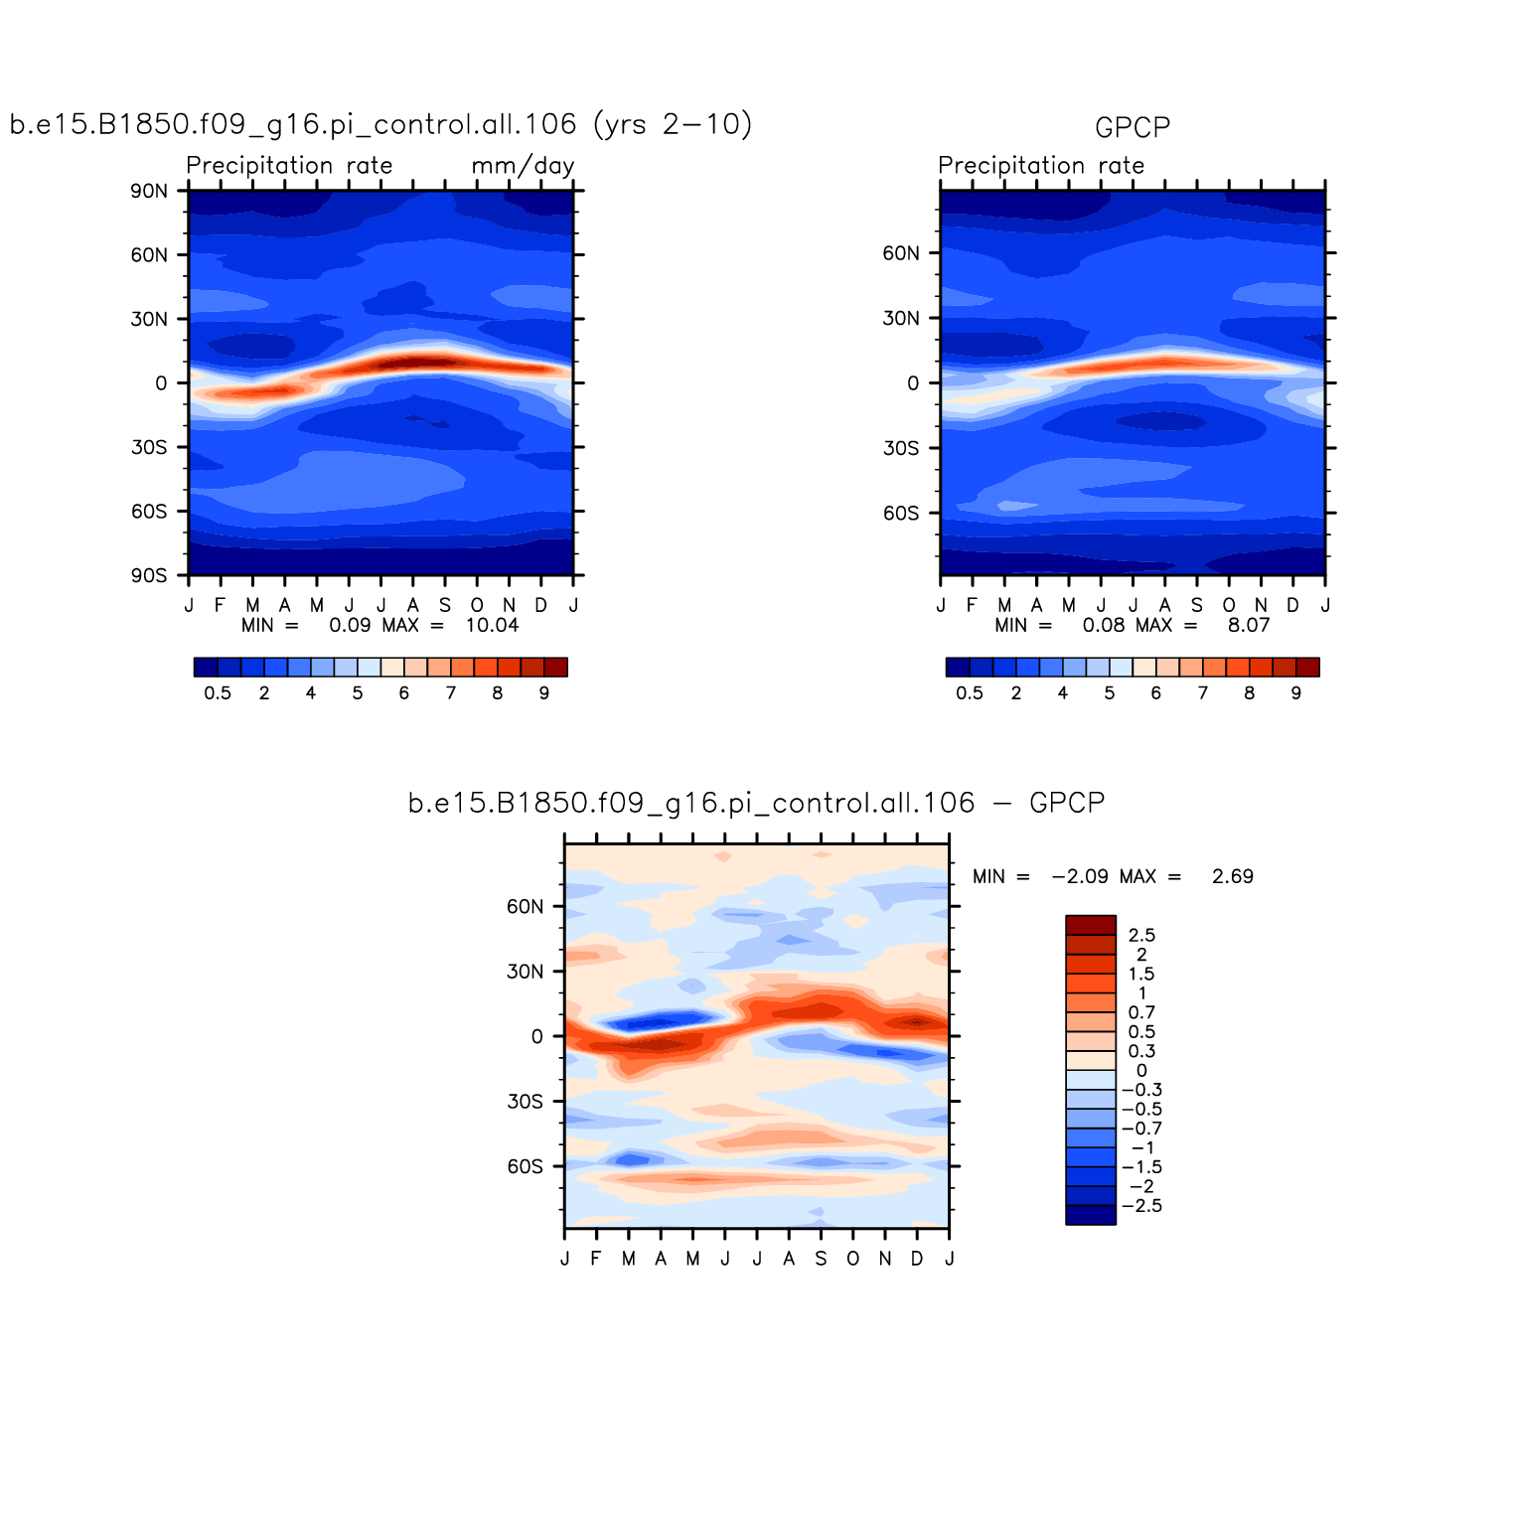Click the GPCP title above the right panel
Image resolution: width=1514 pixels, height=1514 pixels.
[1132, 127]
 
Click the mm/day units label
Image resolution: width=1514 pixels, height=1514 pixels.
[523, 165]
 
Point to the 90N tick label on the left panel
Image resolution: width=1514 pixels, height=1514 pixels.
[149, 191]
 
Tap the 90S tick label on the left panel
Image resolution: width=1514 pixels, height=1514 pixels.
[149, 576]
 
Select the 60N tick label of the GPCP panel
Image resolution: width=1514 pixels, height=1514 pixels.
[901, 253]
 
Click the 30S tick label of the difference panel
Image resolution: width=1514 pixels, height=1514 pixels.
[525, 1102]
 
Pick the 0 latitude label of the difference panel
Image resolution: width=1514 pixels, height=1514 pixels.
[536, 1036]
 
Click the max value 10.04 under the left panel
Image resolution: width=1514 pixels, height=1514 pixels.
[492, 625]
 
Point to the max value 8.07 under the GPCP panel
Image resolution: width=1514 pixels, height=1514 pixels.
[1248, 625]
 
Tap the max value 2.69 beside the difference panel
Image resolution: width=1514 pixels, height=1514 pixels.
[1232, 876]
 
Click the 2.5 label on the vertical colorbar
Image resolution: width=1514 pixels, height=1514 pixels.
[1141, 935]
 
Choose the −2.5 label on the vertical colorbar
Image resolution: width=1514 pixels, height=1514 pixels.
[1141, 1206]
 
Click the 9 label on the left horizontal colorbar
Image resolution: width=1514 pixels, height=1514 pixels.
[544, 693]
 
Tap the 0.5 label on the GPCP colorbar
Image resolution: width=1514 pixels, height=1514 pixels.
[970, 693]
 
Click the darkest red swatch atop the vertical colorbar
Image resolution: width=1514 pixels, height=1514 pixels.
[1090, 925]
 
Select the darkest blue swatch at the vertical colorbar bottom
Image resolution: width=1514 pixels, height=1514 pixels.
[1090, 1215]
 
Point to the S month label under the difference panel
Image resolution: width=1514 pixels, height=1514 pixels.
[821, 1259]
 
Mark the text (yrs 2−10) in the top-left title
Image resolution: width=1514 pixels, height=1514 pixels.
[673, 124]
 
